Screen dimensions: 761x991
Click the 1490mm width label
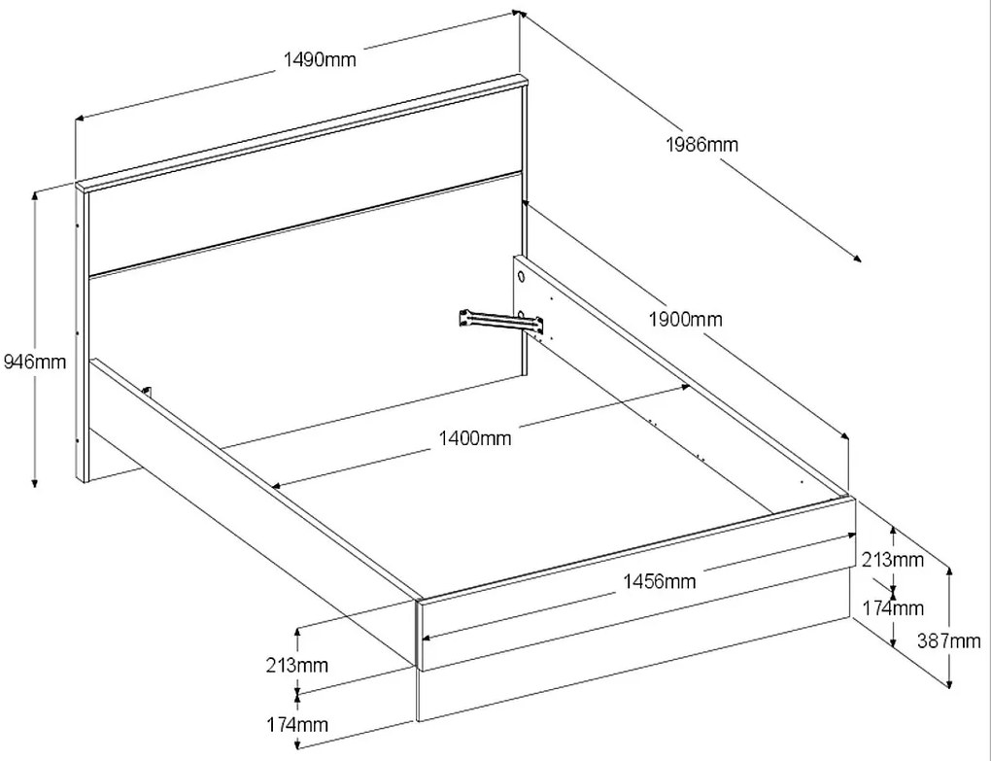click(320, 60)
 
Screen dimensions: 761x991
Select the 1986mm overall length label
click(701, 145)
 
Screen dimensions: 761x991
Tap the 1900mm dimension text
click(687, 319)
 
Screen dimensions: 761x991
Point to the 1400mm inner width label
click(474, 438)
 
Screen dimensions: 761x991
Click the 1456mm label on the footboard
click(659, 581)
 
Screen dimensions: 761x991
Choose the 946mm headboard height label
click(34, 363)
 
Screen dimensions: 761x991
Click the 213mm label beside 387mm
click(892, 559)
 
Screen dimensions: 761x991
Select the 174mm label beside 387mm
click(892, 608)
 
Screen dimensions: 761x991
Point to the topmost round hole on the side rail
click(522, 278)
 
